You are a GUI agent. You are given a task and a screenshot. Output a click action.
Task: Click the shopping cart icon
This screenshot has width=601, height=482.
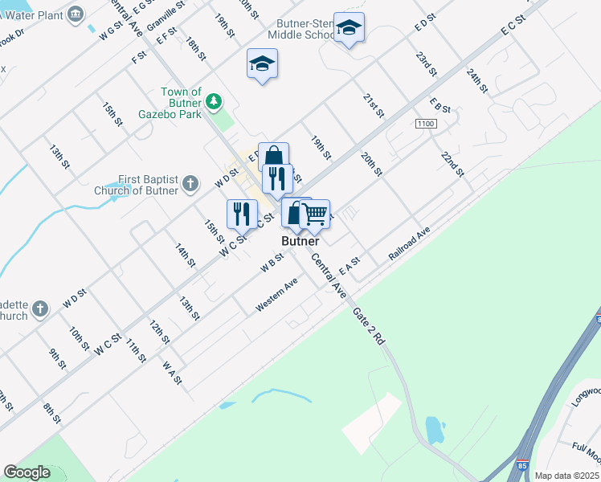pos(315,214)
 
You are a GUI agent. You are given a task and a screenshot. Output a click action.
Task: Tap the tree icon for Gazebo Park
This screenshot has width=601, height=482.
pos(213,101)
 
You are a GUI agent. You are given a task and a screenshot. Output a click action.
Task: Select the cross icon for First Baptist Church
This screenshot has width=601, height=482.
pos(190,184)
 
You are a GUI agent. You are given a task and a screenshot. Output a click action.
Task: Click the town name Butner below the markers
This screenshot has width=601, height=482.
pos(300,241)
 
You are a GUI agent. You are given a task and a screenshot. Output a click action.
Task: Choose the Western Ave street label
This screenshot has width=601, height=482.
pos(276,295)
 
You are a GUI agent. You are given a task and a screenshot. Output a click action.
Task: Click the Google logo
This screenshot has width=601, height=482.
pos(27,472)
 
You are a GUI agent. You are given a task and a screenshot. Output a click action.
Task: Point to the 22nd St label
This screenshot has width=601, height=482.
pos(452,163)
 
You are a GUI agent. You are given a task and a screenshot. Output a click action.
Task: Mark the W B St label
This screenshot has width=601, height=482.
pos(272,263)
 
